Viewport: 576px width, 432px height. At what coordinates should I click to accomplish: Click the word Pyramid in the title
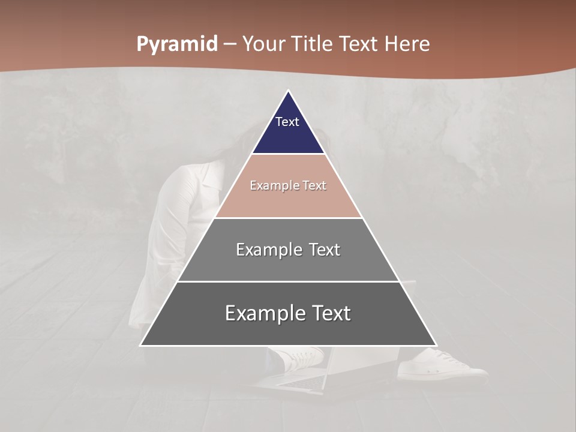click(177, 44)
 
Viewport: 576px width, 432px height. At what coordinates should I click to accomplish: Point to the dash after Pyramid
click(229, 44)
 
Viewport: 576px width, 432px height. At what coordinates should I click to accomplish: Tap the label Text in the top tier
click(287, 122)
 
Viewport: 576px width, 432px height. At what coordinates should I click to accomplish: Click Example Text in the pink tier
click(288, 185)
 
